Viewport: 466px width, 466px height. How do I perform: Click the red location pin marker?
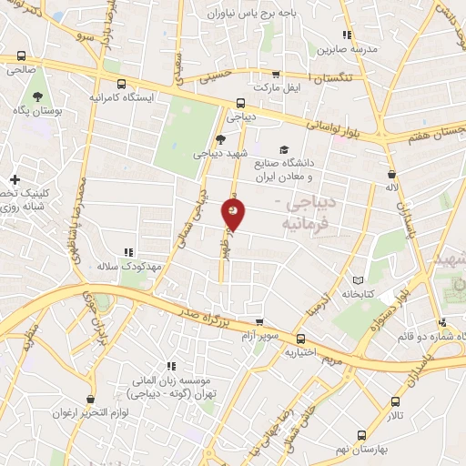tap(233, 212)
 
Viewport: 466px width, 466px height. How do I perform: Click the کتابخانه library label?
tap(360, 294)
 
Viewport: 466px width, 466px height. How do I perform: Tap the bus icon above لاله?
tap(391, 174)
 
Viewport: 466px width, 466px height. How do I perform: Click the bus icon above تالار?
tap(394, 400)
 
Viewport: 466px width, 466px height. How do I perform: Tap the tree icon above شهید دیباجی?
tap(220, 138)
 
